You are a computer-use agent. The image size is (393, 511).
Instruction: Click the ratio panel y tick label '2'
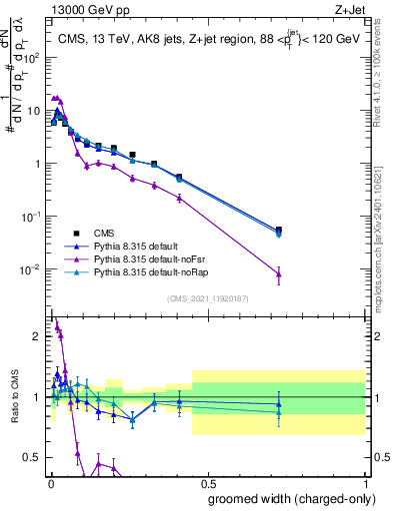coord(38,336)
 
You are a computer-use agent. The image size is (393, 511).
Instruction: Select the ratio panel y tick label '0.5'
coord(33,457)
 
